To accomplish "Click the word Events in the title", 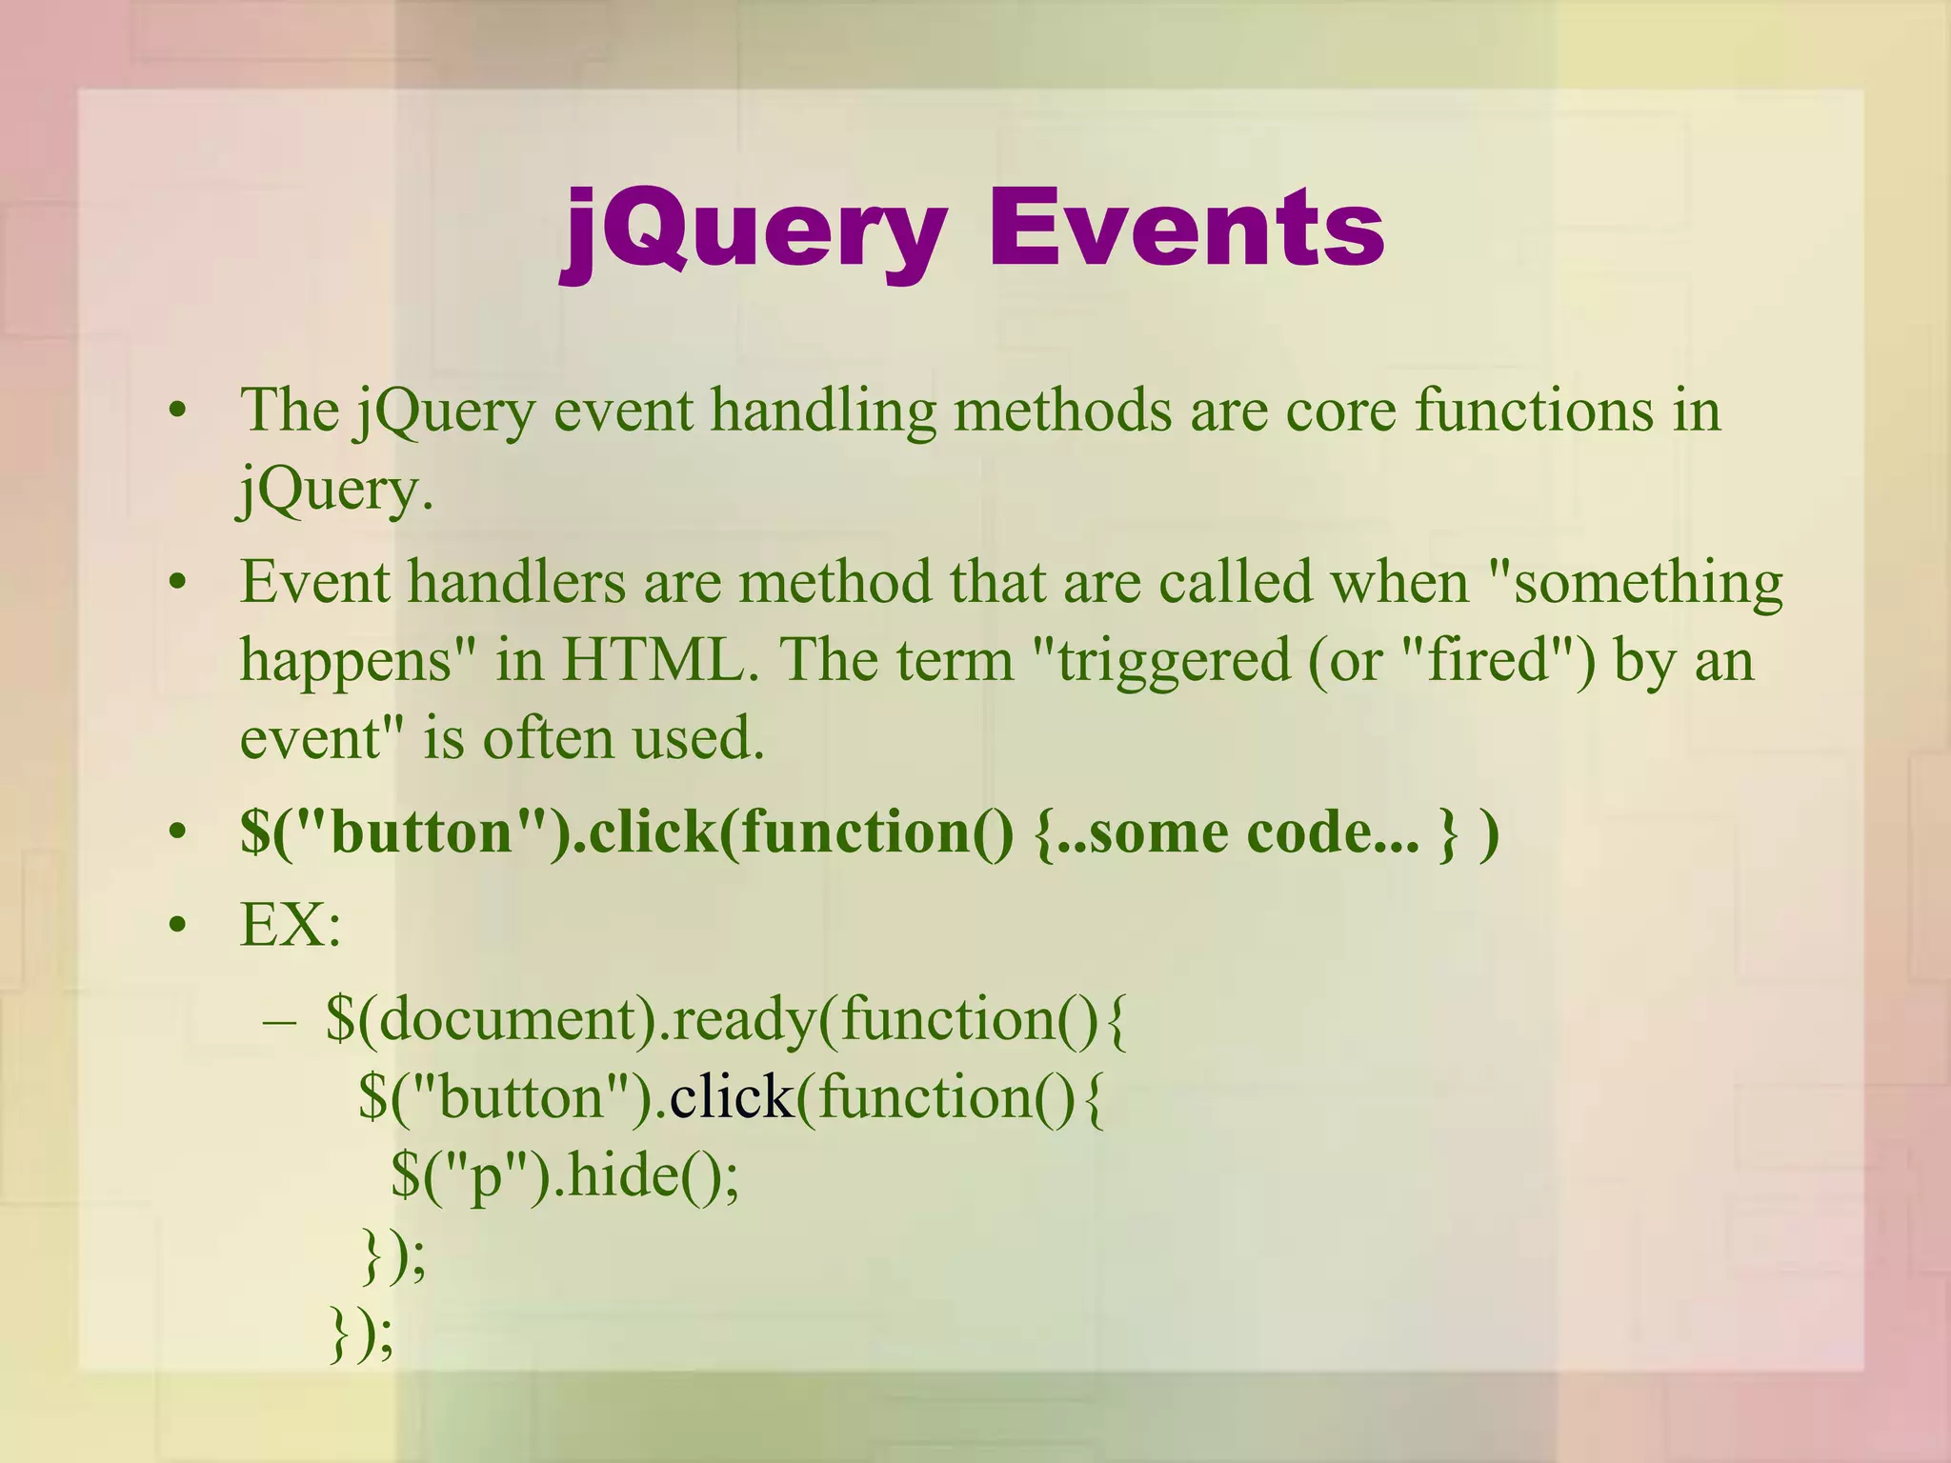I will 1186,230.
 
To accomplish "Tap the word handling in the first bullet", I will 823,411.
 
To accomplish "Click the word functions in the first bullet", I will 1534,411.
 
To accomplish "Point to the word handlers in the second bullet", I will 516,582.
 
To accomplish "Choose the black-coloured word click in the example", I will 731,1097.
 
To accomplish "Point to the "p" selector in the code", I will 485,1177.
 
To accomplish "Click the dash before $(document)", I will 280,1021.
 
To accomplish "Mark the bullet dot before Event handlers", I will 176,583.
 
